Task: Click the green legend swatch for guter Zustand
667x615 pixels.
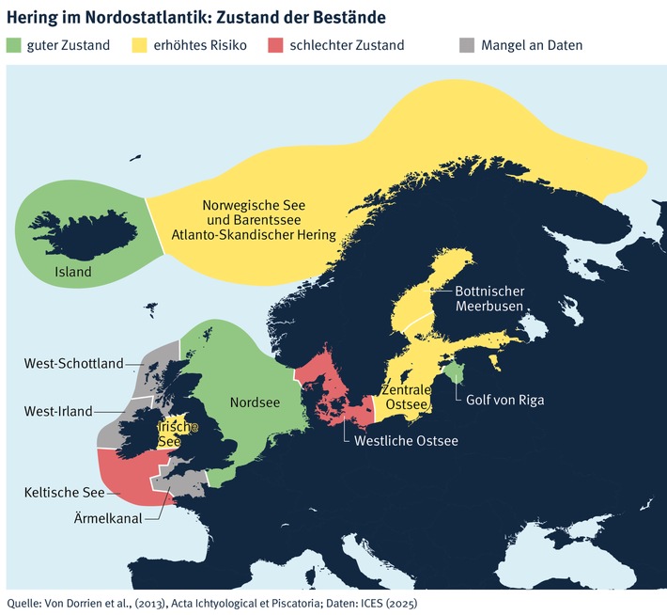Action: pos(16,44)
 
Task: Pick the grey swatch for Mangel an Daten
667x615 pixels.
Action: pos(466,44)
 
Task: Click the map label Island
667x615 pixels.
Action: pos(72,273)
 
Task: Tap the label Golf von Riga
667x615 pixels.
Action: pos(504,400)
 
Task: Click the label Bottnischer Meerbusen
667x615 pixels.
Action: pos(489,299)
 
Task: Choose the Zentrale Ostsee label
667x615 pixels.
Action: pos(407,397)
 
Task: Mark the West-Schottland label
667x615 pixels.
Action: pos(72,364)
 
